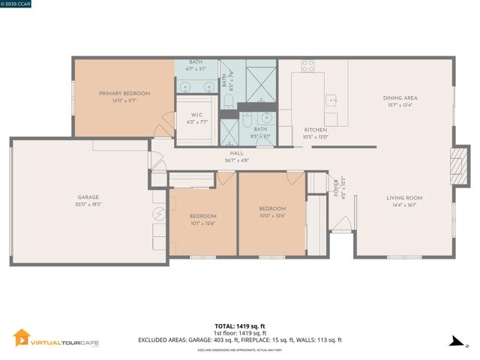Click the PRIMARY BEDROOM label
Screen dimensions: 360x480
click(124, 93)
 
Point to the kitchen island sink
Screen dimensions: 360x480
click(331, 100)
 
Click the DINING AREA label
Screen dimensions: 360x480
click(400, 97)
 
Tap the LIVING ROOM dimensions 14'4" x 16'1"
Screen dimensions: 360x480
click(404, 205)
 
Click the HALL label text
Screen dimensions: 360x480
click(236, 153)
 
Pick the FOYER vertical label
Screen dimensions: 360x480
click(336, 185)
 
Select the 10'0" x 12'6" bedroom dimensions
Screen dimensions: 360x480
click(272, 216)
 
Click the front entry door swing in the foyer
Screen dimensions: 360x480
click(341, 223)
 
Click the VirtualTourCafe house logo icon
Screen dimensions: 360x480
click(22, 338)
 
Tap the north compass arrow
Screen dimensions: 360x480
click(454, 341)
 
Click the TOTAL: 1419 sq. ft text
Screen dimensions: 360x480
click(239, 326)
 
